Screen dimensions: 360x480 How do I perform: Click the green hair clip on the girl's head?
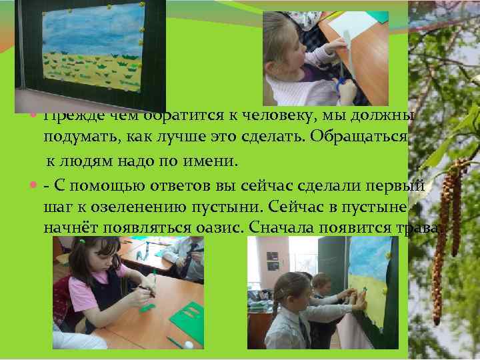[x=83, y=243]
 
